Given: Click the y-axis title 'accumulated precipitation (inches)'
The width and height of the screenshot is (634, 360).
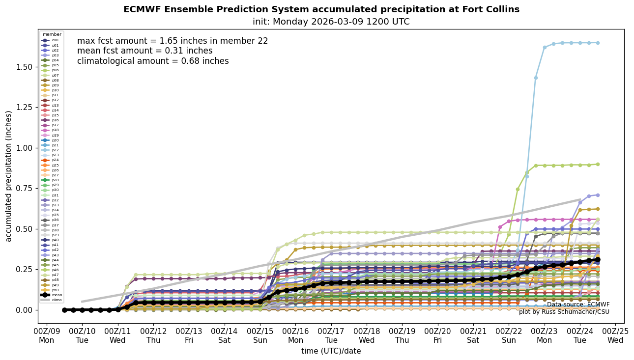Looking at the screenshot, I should pyautogui.click(x=9, y=176).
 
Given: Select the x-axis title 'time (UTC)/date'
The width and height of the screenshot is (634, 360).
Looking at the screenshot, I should pyautogui.click(x=331, y=351).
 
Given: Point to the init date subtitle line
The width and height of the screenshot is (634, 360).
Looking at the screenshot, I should pyautogui.click(x=331, y=22).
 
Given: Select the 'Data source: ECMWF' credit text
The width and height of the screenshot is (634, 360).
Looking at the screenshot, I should pyautogui.click(x=578, y=305).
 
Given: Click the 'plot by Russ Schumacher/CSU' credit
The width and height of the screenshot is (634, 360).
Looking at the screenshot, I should pyautogui.click(x=564, y=312).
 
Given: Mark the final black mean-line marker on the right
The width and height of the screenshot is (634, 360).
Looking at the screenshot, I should pyautogui.click(x=598, y=259).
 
